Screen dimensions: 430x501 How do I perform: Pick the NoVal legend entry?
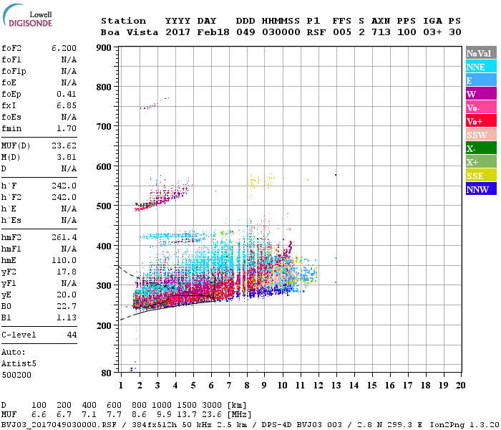tap(478, 53)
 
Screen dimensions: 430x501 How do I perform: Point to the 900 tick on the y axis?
tap(104, 48)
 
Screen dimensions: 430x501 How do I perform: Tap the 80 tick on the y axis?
tap(106, 372)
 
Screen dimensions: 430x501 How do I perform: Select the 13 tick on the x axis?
tap(336, 385)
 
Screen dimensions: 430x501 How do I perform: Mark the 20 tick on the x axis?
tap(460, 385)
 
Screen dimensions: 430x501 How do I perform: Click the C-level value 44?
tap(71, 335)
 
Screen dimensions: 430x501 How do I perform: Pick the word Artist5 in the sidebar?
tap(19, 363)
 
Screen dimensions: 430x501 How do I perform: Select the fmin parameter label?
tap(12, 129)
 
